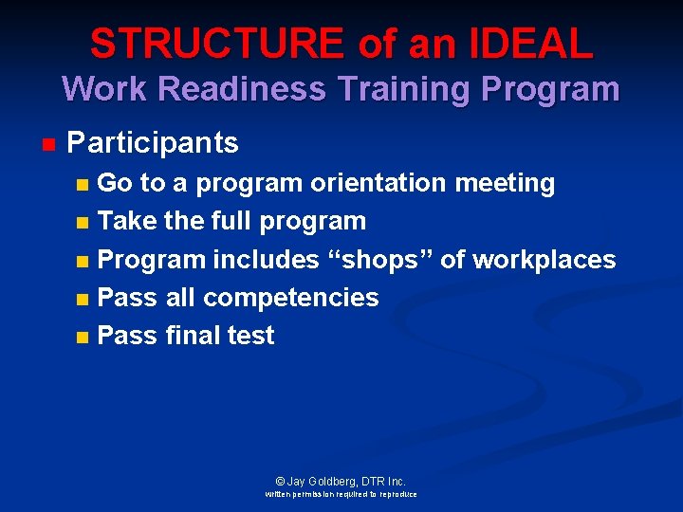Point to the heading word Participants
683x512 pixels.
153,143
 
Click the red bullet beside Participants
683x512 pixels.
48,145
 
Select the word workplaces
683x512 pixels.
544,260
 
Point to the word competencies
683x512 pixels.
290,298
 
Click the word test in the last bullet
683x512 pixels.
251,335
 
